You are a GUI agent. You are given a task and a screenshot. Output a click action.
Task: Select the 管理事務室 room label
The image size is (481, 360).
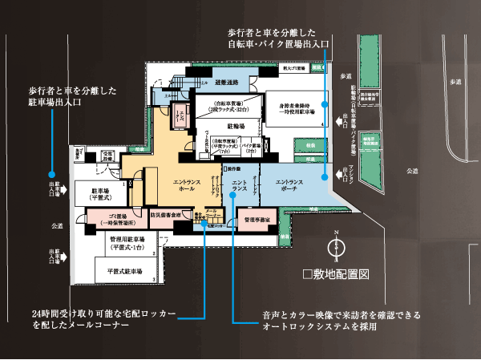(256, 217)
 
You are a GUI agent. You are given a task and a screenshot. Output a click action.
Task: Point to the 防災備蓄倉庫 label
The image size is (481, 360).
(165, 216)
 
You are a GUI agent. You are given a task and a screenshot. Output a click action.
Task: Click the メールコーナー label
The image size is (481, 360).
(212, 215)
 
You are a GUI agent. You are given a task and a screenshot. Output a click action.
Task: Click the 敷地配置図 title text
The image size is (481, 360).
(336, 274)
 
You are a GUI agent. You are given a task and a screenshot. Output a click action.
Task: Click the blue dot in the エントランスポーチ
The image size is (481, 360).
(324, 176)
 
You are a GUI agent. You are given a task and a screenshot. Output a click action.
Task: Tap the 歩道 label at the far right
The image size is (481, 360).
(456, 83)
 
